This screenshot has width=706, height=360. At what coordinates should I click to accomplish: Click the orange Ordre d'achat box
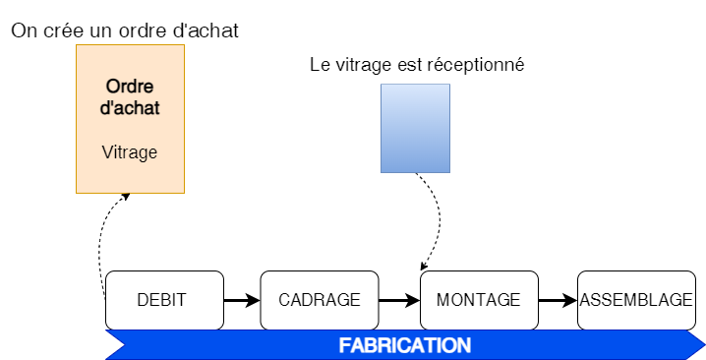(x=130, y=118)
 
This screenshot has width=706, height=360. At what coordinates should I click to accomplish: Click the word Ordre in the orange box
(x=130, y=86)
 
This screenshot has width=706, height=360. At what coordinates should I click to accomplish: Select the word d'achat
(x=130, y=107)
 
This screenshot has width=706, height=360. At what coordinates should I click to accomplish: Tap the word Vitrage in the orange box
(x=130, y=152)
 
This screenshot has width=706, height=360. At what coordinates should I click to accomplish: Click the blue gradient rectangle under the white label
(x=415, y=128)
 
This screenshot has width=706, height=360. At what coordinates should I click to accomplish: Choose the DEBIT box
(x=163, y=300)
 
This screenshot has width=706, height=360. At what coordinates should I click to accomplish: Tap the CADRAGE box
(x=320, y=300)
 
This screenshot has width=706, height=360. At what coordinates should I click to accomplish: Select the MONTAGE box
(x=479, y=300)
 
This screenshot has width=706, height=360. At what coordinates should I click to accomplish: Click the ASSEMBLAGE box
(x=636, y=300)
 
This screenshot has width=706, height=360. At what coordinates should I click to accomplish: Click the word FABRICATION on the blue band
(x=405, y=346)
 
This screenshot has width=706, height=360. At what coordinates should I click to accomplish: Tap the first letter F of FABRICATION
(x=344, y=346)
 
